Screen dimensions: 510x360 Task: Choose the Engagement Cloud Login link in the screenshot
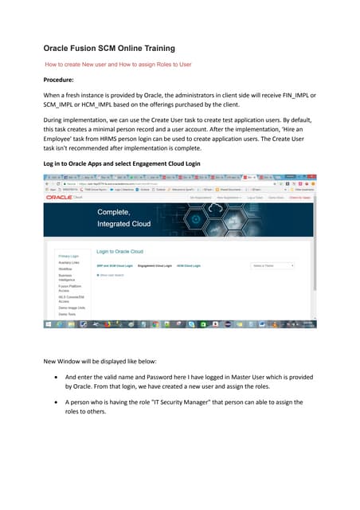click(155, 265)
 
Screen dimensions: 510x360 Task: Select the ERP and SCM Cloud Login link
click(114, 265)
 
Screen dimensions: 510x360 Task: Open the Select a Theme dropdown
click(272, 265)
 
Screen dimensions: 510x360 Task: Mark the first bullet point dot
click(54, 376)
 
